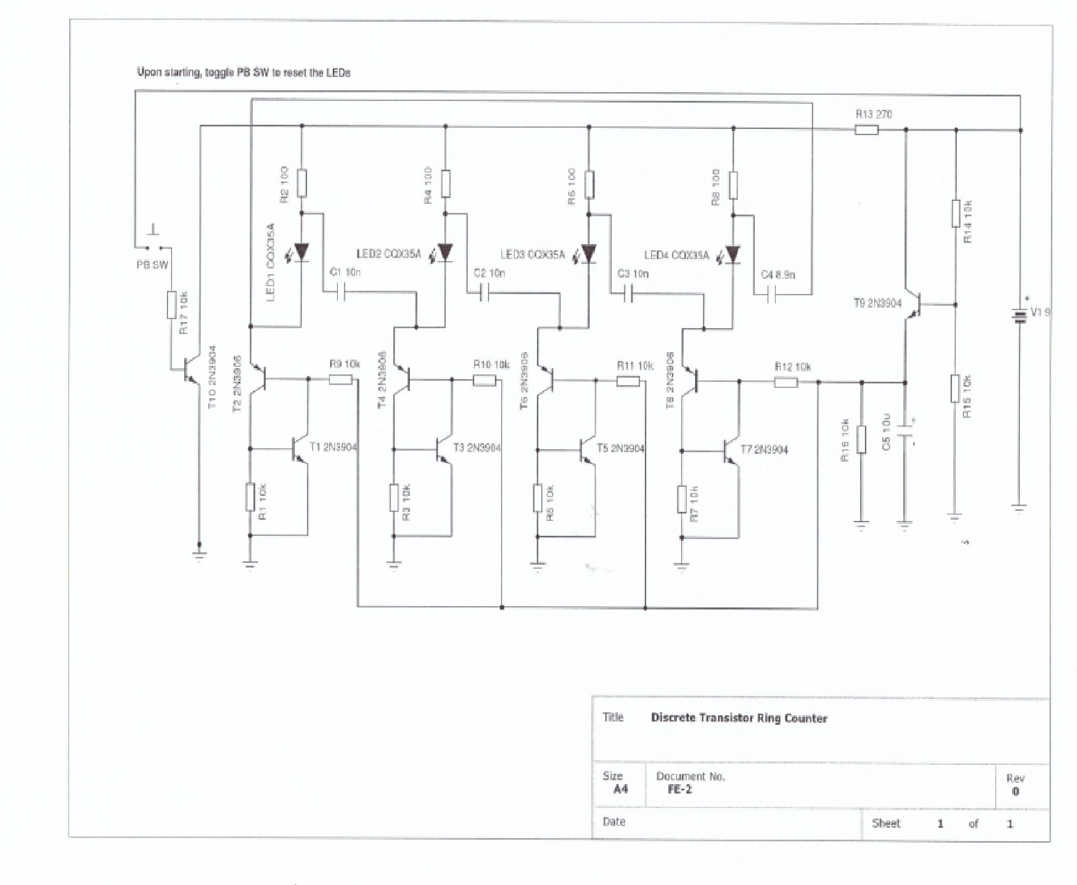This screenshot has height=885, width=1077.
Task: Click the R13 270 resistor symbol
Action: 866,130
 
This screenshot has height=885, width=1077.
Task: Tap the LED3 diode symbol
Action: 589,253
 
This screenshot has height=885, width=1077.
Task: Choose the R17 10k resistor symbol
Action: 172,305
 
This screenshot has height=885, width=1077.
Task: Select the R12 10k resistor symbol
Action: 786,382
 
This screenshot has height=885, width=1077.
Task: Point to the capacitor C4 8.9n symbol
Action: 772,295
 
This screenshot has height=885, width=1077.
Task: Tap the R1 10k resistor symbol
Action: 250,497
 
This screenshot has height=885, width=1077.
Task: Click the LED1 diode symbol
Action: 302,252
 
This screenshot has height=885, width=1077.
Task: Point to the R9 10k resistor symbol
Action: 340,379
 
